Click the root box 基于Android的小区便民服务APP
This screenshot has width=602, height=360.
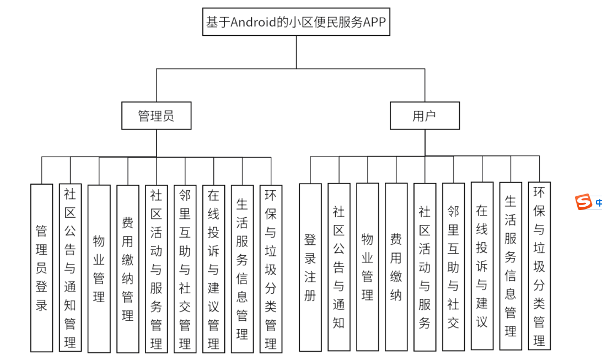click(296, 23)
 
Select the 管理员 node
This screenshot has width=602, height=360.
click(157, 116)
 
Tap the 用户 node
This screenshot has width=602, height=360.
click(424, 116)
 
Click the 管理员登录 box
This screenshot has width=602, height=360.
click(42, 268)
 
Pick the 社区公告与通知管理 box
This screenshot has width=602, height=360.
click(70, 268)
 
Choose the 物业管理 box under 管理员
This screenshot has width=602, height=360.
click(99, 268)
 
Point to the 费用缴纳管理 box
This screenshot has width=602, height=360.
click(127, 268)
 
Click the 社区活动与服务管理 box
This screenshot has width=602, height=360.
click(156, 268)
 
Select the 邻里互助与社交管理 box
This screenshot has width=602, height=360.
click(185, 268)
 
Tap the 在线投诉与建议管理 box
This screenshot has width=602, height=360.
click(213, 268)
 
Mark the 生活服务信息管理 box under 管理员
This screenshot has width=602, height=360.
click(242, 268)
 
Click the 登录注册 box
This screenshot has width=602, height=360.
click(310, 267)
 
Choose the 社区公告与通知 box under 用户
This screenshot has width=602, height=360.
click(338, 267)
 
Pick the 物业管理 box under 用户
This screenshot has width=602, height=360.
click(367, 267)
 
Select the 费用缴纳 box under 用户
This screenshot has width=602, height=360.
click(396, 267)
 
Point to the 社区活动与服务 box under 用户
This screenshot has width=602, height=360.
click(424, 267)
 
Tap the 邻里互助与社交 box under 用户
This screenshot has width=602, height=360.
click(453, 267)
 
